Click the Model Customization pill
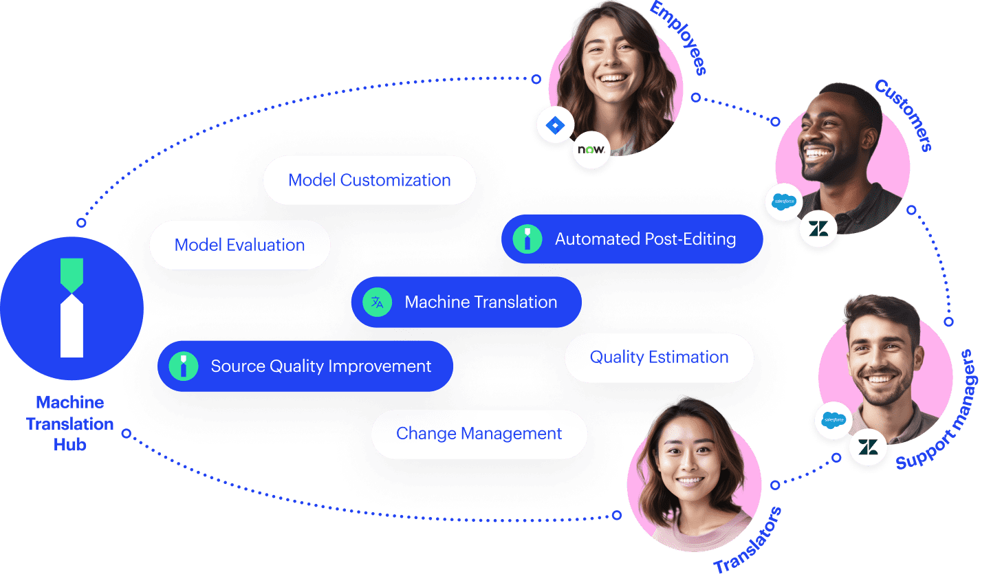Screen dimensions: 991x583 click(x=369, y=180)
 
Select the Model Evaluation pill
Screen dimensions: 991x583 click(x=240, y=245)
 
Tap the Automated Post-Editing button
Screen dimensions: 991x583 click(x=632, y=239)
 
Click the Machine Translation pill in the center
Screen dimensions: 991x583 click(x=466, y=302)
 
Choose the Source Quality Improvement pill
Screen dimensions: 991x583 click(x=305, y=366)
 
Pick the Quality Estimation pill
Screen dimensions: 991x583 click(x=660, y=357)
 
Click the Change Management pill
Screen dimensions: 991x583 click(x=479, y=434)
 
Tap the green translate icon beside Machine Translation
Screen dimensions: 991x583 click(x=377, y=302)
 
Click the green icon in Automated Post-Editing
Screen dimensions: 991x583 click(x=527, y=239)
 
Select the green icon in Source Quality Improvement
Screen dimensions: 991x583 click(x=184, y=366)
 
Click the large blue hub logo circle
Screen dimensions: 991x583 click(x=72, y=308)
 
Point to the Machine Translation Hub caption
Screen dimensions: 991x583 click(x=70, y=423)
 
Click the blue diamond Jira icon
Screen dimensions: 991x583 click(x=555, y=125)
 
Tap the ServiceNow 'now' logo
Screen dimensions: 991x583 click(x=591, y=149)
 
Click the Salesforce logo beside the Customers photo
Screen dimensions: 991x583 click(x=783, y=201)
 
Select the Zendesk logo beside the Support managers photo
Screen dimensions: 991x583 click(x=868, y=447)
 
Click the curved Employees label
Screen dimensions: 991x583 click(x=679, y=38)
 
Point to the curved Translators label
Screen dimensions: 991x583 click(x=748, y=540)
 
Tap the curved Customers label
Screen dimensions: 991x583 click(x=904, y=115)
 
